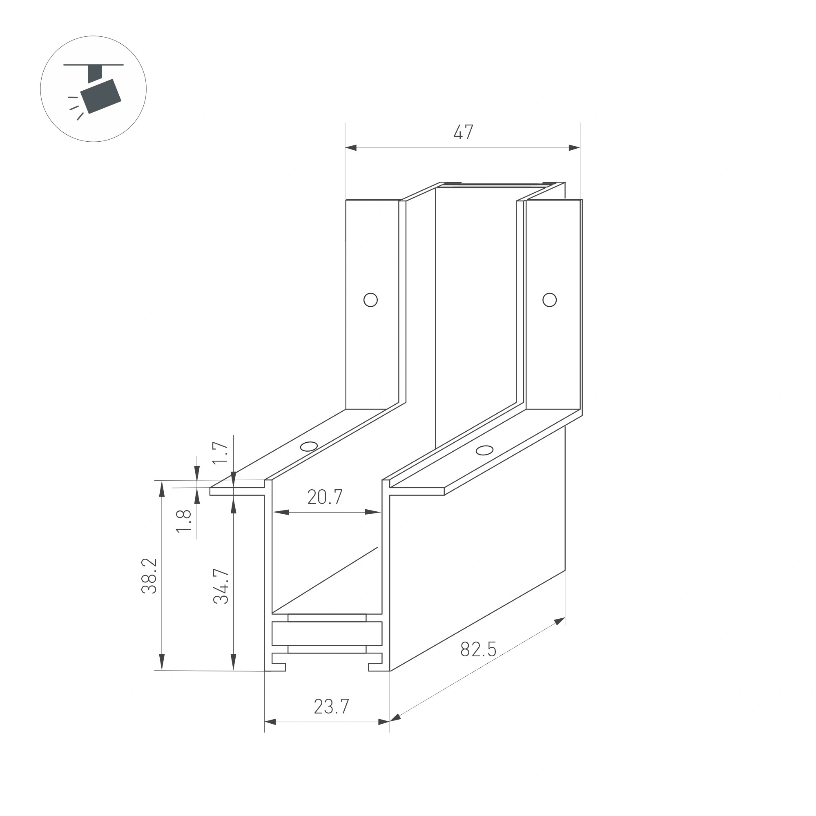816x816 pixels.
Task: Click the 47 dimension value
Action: pyautogui.click(x=463, y=132)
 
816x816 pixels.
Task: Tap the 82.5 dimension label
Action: pyautogui.click(x=478, y=649)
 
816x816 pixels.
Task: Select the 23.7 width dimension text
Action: pyautogui.click(x=332, y=707)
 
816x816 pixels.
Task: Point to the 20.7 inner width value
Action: pyautogui.click(x=325, y=497)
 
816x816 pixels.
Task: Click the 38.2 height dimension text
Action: pyautogui.click(x=149, y=576)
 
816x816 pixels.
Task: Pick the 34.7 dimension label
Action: pyautogui.click(x=221, y=586)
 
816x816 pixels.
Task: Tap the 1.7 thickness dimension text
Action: pyautogui.click(x=220, y=453)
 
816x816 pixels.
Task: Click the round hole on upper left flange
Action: pyautogui.click(x=370, y=300)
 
